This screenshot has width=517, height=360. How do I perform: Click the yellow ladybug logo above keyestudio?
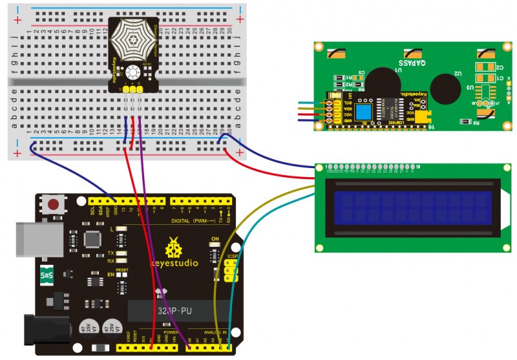[x=174, y=248]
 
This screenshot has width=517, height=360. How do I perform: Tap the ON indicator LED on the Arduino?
[x=215, y=248]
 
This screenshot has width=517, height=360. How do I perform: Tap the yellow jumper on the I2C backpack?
[x=423, y=116]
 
